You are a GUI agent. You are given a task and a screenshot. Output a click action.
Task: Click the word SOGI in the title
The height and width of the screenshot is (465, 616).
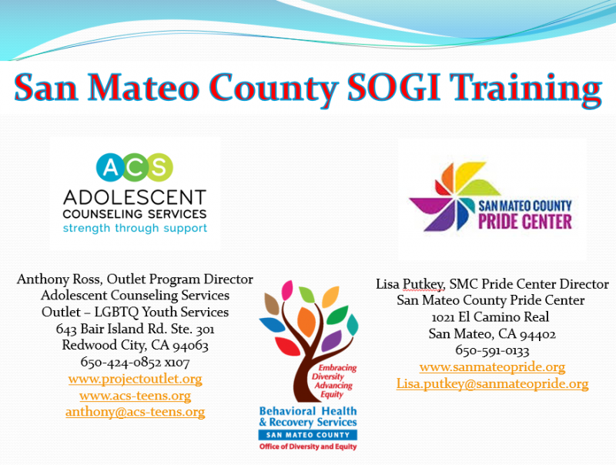pyautogui.click(x=393, y=88)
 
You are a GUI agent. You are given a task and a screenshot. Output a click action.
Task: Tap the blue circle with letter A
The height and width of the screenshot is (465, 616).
pyautogui.click(x=110, y=167)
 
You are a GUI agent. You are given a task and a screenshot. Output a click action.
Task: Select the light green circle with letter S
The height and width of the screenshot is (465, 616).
pyautogui.click(x=159, y=167)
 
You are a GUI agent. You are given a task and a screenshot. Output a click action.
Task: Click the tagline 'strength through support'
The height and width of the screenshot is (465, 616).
pyautogui.click(x=135, y=228)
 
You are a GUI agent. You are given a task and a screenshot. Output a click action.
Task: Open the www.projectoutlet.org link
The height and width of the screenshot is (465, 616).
pyautogui.click(x=136, y=379)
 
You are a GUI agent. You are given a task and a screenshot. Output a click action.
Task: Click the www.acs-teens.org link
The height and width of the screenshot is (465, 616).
pyautogui.click(x=136, y=396)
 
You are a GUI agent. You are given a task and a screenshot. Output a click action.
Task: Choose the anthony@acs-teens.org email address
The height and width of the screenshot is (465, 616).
pyautogui.click(x=136, y=412)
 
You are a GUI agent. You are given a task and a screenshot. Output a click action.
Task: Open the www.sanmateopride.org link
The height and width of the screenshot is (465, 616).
pyautogui.click(x=492, y=366)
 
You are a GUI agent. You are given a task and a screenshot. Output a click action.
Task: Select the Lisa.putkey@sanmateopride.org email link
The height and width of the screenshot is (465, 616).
pyautogui.click(x=492, y=383)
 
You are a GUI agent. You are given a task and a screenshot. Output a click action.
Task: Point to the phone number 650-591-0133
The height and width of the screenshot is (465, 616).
pyautogui.click(x=492, y=350)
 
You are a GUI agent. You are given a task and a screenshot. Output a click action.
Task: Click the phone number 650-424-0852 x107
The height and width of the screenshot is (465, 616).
pyautogui.click(x=136, y=362)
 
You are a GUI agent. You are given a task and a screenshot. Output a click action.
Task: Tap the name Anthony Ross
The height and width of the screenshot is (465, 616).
pyautogui.click(x=60, y=279)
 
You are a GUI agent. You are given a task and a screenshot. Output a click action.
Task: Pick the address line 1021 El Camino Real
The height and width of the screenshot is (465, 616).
pyautogui.click(x=490, y=317)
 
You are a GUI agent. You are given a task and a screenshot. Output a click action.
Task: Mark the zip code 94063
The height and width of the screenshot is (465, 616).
pyautogui.click(x=190, y=346)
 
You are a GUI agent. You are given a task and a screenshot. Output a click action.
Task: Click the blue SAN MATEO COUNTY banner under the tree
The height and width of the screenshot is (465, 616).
pyautogui.click(x=307, y=435)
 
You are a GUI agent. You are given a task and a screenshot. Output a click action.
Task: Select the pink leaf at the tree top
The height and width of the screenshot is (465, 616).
pyautogui.click(x=287, y=290)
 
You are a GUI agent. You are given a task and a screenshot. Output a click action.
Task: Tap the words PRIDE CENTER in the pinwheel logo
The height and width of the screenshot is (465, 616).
pyautogui.click(x=525, y=222)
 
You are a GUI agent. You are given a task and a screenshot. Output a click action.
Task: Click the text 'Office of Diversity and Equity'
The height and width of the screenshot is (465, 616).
pyautogui.click(x=308, y=447)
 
